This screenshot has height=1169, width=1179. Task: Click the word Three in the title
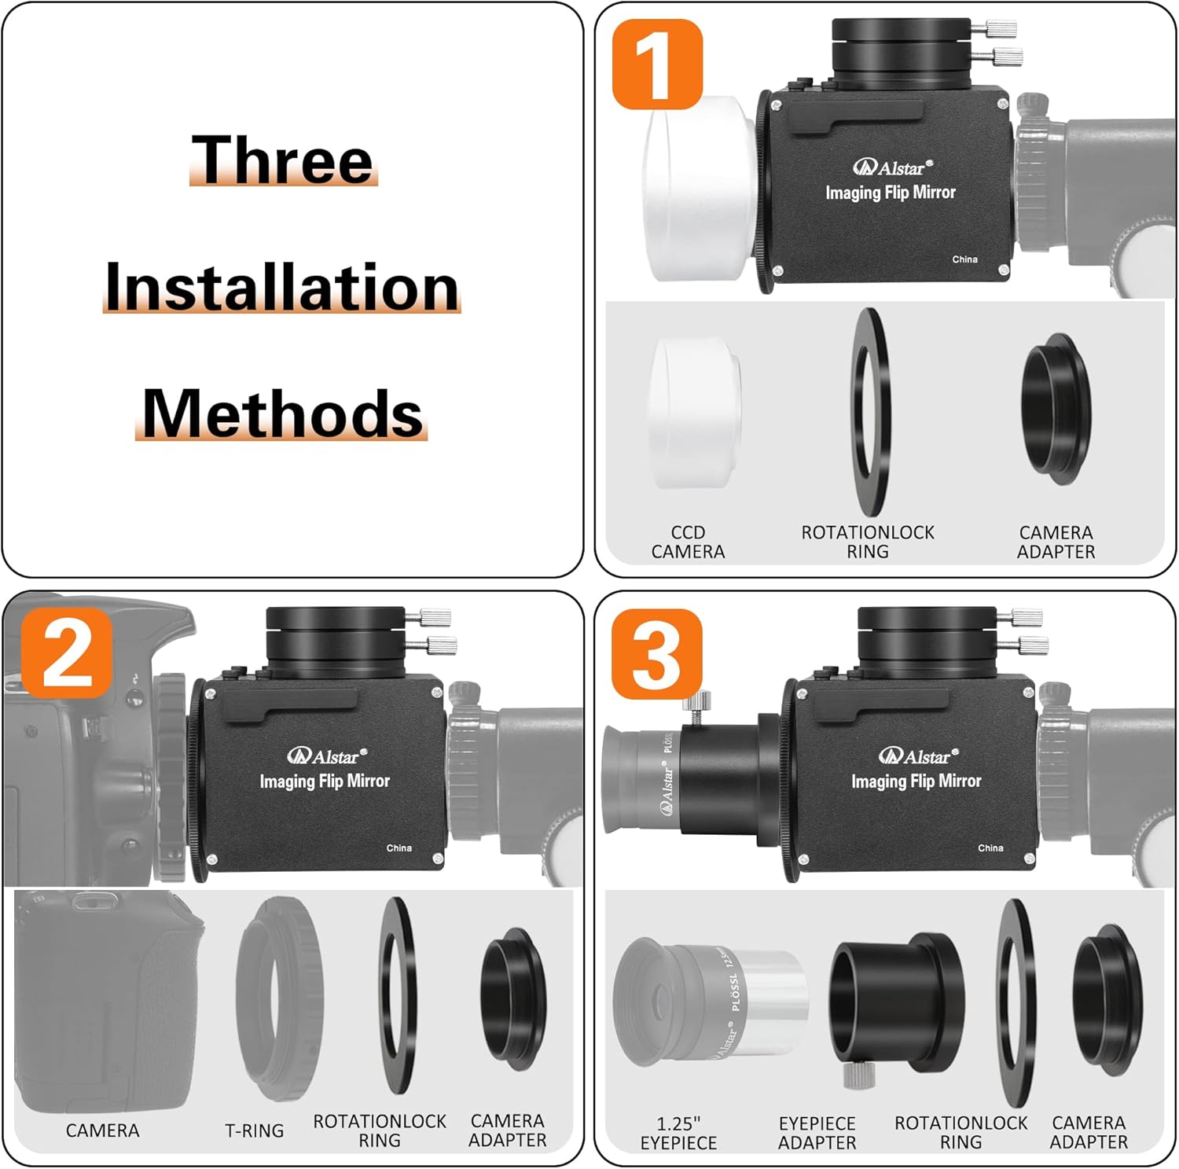pos(283,160)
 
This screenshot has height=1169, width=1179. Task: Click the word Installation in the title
pos(282,287)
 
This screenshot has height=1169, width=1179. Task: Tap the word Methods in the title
pos(282,414)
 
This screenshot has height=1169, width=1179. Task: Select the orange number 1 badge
pos(656,64)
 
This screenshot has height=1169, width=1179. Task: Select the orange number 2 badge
pos(67,653)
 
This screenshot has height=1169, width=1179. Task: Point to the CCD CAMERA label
pos(688,542)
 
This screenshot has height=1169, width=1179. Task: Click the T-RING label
pos(254,1130)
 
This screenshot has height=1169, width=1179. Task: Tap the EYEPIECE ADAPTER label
pos(817,1133)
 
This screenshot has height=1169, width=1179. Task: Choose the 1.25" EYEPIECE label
pos(678,1133)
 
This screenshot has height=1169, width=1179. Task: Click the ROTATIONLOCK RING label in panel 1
pos(868,542)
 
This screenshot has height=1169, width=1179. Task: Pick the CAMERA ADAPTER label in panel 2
pos(507,1130)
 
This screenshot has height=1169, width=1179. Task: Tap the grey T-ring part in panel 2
pos(279,998)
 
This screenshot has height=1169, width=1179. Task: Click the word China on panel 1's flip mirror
pos(964,259)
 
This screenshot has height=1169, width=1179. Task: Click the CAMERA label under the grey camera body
pos(102,1130)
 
